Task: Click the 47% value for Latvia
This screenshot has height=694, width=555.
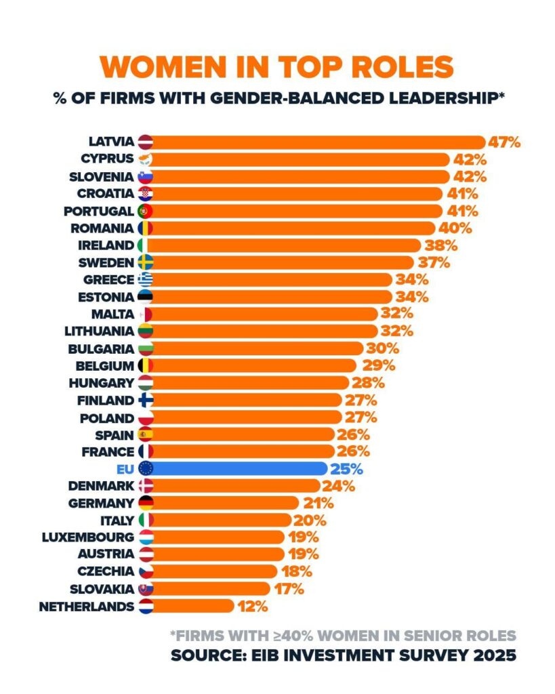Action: [x=505, y=142]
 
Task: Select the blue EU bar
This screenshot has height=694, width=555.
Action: [x=237, y=468]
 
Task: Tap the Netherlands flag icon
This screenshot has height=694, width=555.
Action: [x=145, y=606]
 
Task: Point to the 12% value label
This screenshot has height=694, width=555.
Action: [x=253, y=606]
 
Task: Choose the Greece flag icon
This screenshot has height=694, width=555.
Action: [x=145, y=279]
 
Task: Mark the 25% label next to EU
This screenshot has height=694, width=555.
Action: [x=347, y=468]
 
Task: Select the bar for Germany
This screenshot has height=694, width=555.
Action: [x=224, y=503]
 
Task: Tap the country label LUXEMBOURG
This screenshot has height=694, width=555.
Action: [x=87, y=537]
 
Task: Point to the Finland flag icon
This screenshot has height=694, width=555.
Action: [x=145, y=400]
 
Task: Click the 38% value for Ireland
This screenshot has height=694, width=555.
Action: [x=442, y=245]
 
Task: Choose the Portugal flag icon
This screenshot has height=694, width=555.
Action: [x=145, y=211]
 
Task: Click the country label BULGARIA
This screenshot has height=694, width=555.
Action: [x=101, y=348]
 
